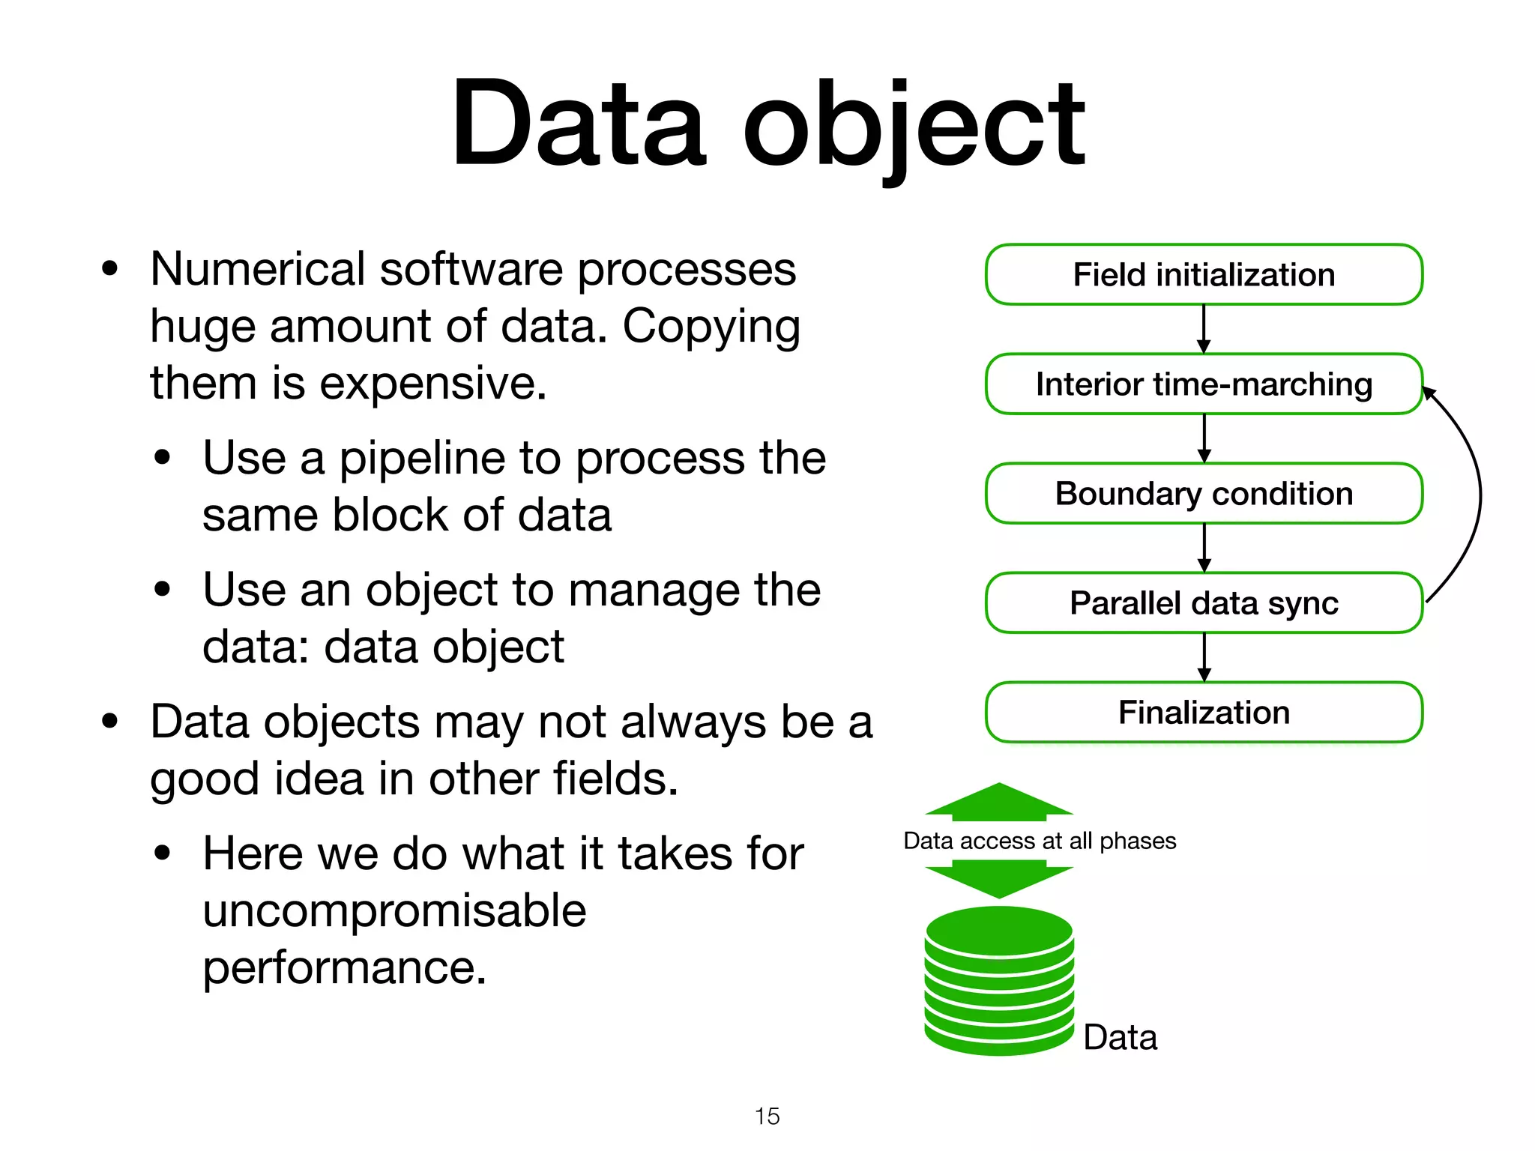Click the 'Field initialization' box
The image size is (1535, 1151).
pos(1204,274)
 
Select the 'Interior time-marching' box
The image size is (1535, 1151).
pos(1204,384)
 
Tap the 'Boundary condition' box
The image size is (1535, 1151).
pos(1204,493)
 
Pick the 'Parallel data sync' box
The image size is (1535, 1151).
pos(1204,602)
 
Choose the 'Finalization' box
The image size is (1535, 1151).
pos(1204,712)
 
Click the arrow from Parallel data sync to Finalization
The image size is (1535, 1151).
pos(1204,657)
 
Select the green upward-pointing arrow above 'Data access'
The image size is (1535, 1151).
pos(999,802)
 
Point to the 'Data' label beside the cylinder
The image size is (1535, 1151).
pos(1120,1038)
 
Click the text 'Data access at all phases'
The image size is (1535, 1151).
pos(1040,841)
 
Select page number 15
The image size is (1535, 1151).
pos(767,1116)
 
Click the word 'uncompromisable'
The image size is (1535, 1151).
pos(394,910)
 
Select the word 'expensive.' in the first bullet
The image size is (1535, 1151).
pos(433,384)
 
